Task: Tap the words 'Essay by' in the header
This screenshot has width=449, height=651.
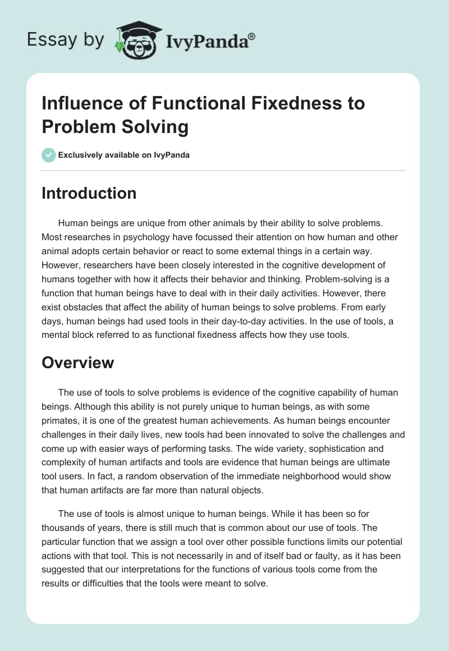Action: (65, 40)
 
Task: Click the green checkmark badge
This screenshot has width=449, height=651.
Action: (49, 155)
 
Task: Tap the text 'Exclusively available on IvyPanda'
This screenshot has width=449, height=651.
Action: (124, 155)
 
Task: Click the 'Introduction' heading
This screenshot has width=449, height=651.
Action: (89, 193)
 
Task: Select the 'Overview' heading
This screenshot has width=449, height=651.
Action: (78, 363)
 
